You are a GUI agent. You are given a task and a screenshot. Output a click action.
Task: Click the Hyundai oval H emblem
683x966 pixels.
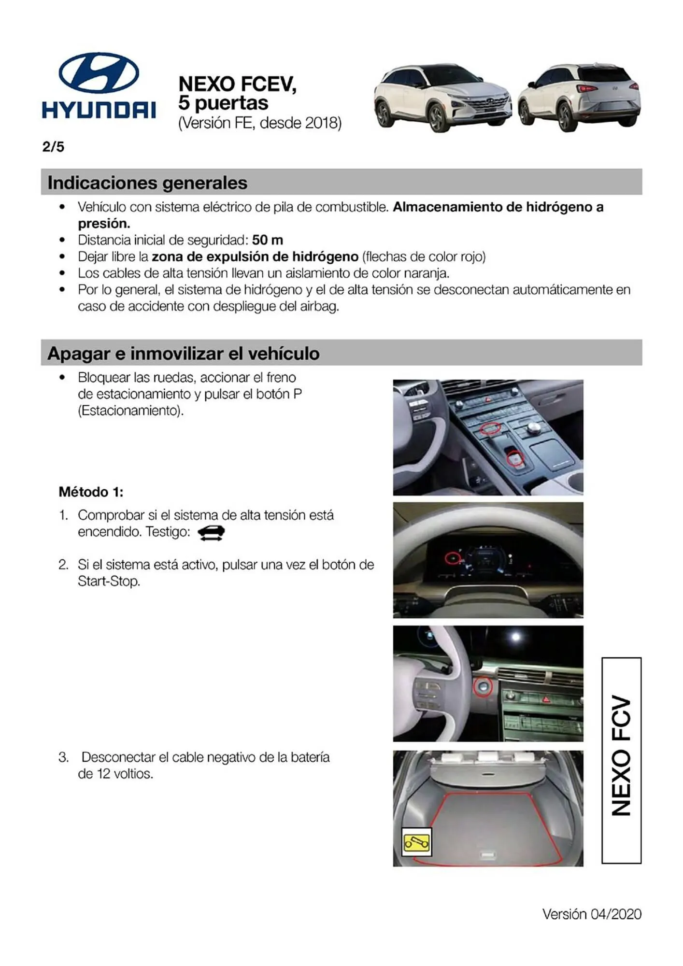[x=99, y=73]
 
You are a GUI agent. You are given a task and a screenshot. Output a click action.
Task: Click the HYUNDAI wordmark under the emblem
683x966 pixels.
[x=99, y=110]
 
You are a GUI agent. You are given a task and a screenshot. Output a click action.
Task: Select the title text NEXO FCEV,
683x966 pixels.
[x=237, y=84]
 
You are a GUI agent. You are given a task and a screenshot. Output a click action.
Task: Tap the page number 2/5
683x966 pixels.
[x=53, y=147]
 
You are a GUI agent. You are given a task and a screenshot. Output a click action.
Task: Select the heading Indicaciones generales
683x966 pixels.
[x=147, y=183]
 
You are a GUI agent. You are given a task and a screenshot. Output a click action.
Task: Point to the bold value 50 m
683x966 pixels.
[x=268, y=240]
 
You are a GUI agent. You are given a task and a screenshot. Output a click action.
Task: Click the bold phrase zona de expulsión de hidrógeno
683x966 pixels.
[x=255, y=256]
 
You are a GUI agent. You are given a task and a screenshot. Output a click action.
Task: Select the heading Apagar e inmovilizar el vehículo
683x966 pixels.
[x=184, y=353]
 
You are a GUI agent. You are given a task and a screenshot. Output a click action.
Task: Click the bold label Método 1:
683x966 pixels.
[x=91, y=492]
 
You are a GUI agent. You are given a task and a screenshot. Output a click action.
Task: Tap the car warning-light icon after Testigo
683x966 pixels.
[x=211, y=533]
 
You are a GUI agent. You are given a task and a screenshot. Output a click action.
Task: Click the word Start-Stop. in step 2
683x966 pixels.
[x=109, y=581]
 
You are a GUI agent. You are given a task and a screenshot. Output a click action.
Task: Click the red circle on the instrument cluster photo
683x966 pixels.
[x=452, y=558]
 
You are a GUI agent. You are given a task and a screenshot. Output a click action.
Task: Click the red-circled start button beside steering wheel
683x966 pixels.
[x=482, y=687]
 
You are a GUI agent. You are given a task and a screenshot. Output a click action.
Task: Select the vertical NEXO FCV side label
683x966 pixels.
[x=621, y=760]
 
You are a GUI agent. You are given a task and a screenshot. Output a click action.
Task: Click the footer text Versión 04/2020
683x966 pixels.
[x=592, y=914]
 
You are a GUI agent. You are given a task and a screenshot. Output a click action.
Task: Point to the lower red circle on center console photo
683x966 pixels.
[x=515, y=457]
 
